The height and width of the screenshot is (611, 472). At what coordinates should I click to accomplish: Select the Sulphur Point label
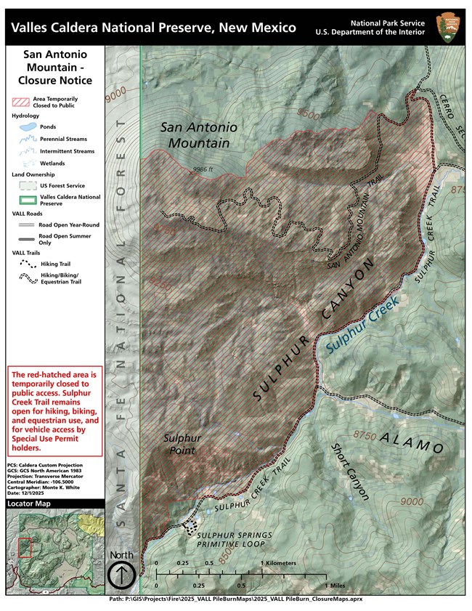pos(182,445)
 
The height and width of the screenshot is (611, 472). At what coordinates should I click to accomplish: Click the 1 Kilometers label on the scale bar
pos(279,563)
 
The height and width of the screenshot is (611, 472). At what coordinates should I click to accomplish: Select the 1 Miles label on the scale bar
pos(337,586)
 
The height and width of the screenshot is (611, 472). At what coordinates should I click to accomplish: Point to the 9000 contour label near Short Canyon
pos(411,501)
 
